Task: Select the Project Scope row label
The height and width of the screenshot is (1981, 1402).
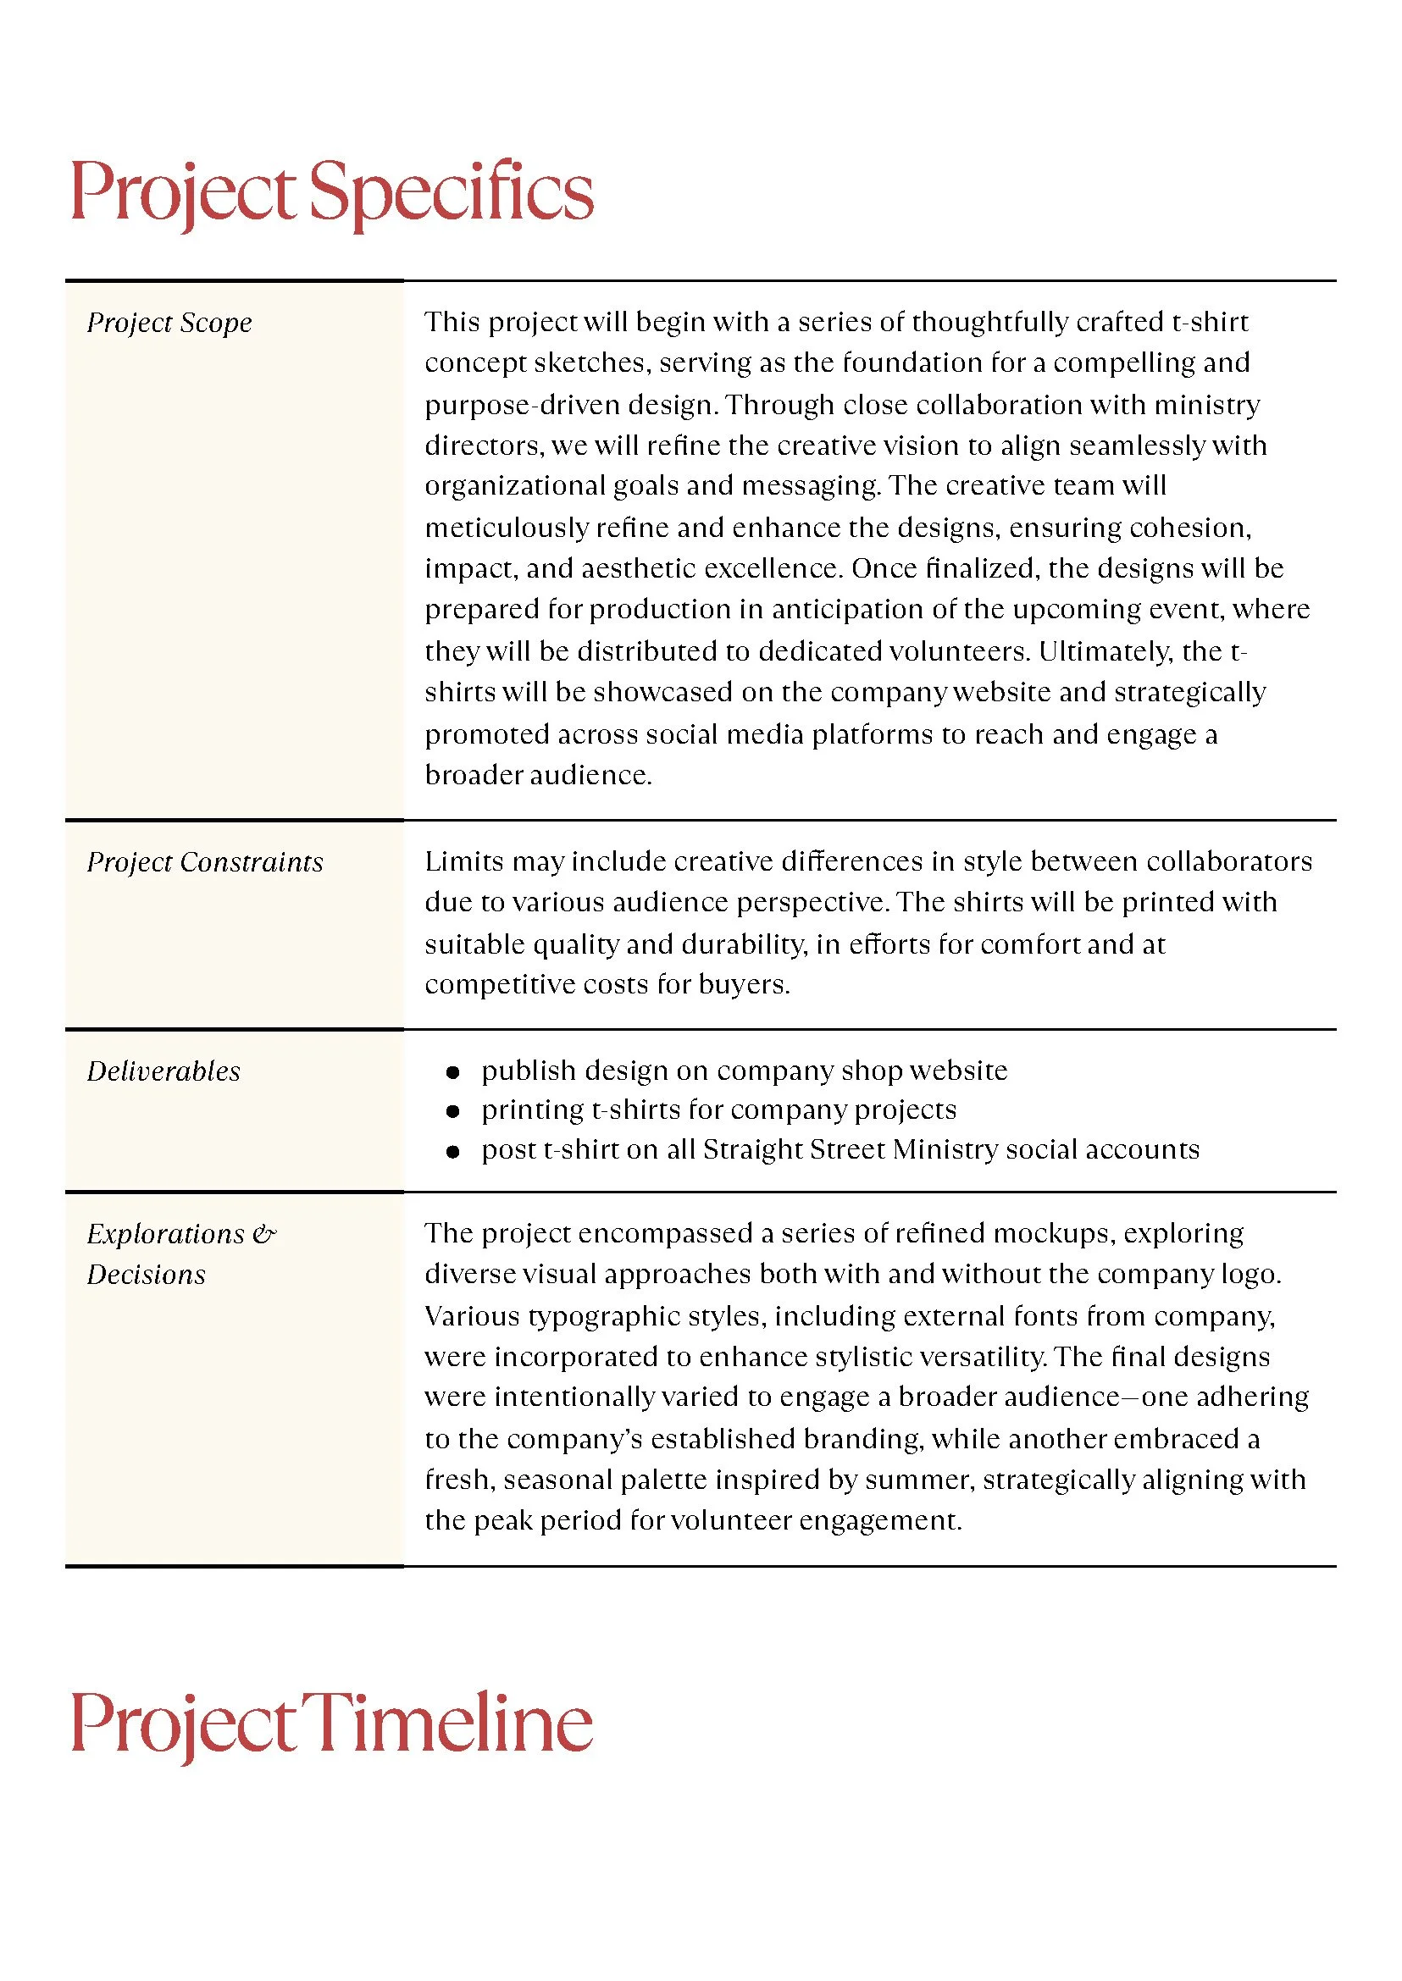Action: point(169,323)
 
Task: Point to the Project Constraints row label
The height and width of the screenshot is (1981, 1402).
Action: point(205,862)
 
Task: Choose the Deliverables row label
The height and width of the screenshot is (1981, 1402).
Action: point(163,1071)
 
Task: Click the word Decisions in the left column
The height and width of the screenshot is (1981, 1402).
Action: point(146,1275)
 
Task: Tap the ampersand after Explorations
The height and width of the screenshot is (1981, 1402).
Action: point(264,1234)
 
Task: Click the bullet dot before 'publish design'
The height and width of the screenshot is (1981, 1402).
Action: point(452,1072)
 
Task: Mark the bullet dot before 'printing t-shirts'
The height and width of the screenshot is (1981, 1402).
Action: point(452,1111)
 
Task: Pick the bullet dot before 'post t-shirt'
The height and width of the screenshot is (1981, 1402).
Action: point(452,1152)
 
